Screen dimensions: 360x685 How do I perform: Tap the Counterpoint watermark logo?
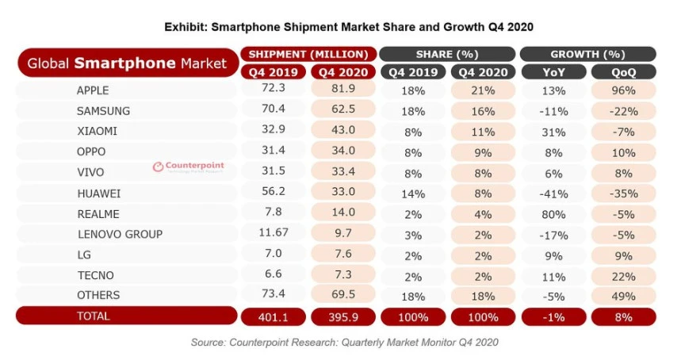point(188,167)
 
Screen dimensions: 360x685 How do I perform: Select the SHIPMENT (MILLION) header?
point(308,54)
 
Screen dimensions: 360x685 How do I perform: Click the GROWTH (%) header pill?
point(587,54)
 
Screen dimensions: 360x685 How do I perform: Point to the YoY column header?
point(552,71)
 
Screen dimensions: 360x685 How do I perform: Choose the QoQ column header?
point(623,71)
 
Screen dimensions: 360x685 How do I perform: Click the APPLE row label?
point(93,90)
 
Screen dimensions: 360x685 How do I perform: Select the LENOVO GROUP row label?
point(120,234)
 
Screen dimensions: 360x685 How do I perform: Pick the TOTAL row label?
point(94,316)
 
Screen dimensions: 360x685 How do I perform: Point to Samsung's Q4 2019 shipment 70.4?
point(272,111)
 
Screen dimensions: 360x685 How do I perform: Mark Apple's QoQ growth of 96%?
point(623,90)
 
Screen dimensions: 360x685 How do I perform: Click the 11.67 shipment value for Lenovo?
point(272,234)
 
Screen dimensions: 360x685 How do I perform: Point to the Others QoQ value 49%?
point(623,296)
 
